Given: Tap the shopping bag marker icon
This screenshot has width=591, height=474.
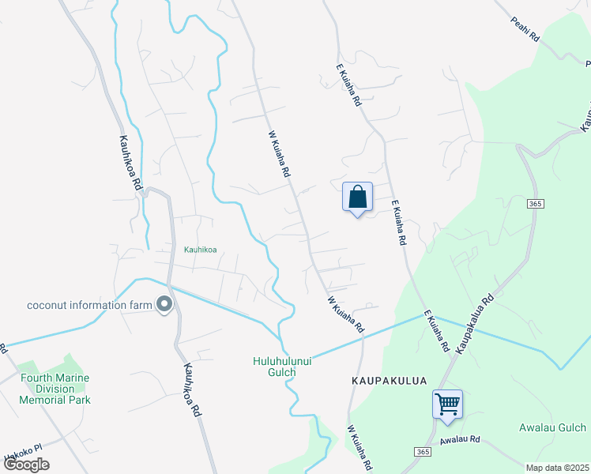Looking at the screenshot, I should (x=357, y=197).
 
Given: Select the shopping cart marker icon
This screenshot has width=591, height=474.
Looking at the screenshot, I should (x=447, y=404).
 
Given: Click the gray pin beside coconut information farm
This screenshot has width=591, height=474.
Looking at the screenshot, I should (x=164, y=304).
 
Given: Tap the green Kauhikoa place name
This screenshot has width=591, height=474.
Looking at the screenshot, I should (x=200, y=250).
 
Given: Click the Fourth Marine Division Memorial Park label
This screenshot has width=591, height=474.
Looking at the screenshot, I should (x=55, y=389).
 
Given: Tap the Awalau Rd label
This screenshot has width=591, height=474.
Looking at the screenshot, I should (x=461, y=439).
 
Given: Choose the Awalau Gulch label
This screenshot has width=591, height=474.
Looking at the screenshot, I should (x=552, y=428).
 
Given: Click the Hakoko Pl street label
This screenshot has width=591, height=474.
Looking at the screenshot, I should (x=20, y=457).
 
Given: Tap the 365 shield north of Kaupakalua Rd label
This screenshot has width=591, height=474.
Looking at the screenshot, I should (x=535, y=204).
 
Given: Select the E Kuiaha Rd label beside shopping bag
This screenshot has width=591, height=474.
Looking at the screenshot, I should (x=398, y=221).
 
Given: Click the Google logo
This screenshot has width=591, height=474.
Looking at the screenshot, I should (x=26, y=464).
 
